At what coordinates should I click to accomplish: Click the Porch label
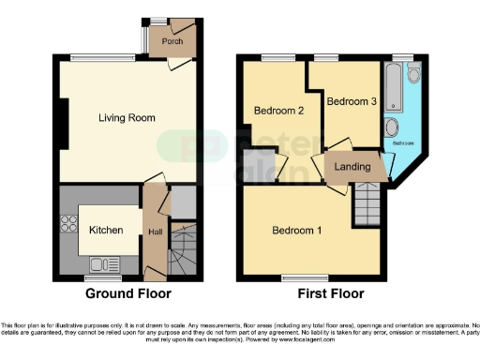tap(172, 41)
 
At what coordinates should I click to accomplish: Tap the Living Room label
tap(127, 117)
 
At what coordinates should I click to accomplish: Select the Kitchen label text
tap(106, 230)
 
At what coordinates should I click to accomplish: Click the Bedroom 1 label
tap(297, 230)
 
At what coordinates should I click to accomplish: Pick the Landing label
tap(352, 168)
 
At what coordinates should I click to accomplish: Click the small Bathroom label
tap(402, 143)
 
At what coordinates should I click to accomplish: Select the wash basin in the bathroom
tap(392, 128)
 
